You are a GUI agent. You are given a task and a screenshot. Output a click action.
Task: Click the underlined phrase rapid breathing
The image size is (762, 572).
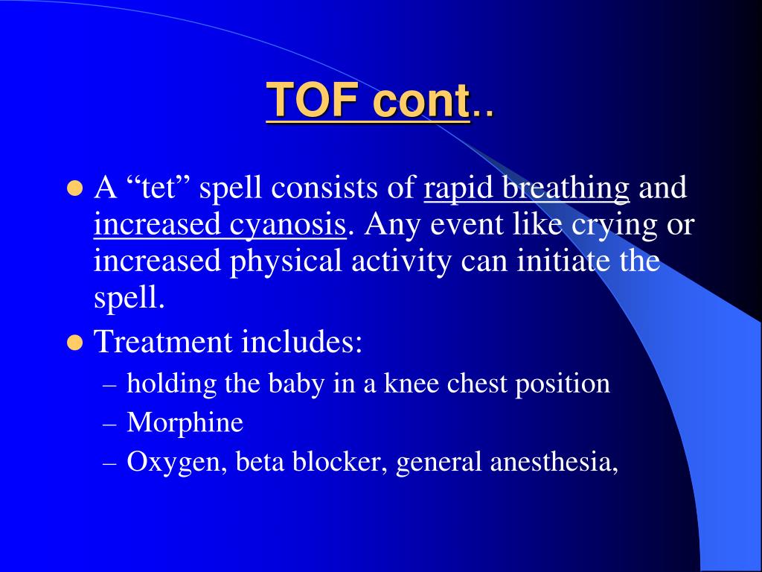527,188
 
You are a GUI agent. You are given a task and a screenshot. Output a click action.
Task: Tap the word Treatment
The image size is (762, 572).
163,342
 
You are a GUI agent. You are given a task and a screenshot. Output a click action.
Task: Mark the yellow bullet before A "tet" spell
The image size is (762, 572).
74,188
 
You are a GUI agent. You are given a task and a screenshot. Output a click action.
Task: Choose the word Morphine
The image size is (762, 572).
185,423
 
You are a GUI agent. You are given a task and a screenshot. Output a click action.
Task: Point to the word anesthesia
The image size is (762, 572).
554,463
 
